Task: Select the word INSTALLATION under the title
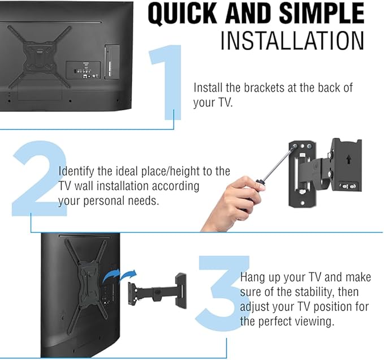click(291, 41)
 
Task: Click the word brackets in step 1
click(268, 88)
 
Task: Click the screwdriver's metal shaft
click(278, 164)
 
